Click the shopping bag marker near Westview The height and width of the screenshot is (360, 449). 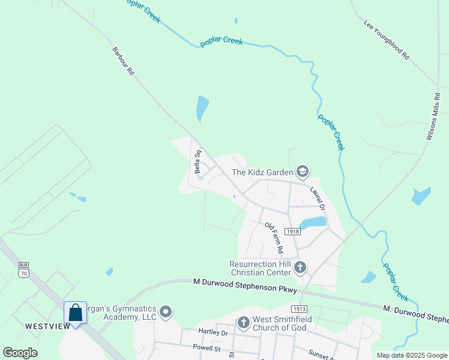click(76, 313)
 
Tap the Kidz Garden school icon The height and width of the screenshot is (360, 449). click(302, 173)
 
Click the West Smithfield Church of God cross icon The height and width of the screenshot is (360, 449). click(243, 323)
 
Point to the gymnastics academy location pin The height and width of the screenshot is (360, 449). click(166, 312)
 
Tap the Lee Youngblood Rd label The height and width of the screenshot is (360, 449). click(386, 40)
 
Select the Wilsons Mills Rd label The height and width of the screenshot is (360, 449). click(433, 116)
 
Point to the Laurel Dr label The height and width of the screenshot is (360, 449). click(317, 197)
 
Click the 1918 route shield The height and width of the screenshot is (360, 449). click(292, 232)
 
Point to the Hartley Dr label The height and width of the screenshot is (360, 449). click(213, 332)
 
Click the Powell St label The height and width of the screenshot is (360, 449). click(206, 347)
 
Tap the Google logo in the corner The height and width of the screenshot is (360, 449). click(20, 353)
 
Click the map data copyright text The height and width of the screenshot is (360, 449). click(411, 355)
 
